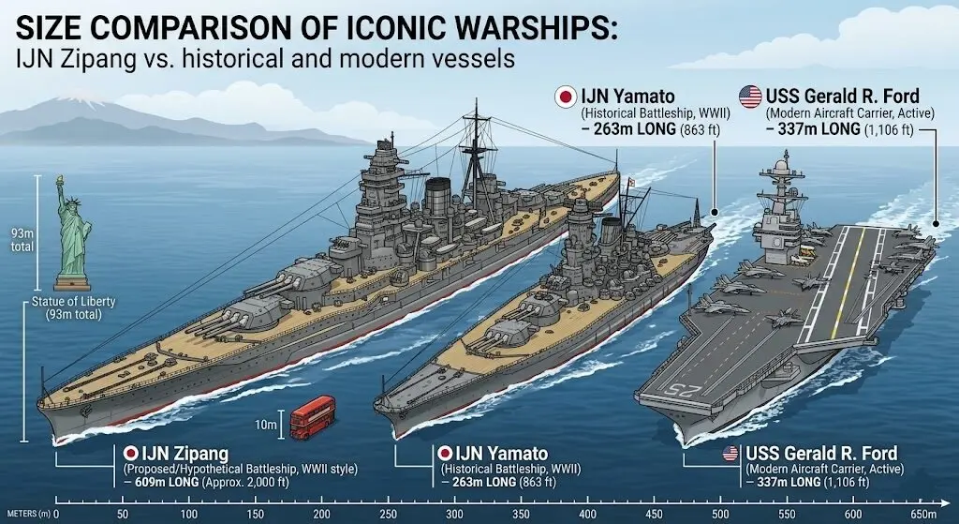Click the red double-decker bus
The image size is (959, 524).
pos(312,417)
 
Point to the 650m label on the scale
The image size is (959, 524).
pos(922,515)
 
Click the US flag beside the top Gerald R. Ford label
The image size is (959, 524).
pos(750,97)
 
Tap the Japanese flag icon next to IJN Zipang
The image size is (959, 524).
pos(130,454)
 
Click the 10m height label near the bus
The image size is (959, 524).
pos(266,425)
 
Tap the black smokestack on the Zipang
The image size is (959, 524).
pos(438,197)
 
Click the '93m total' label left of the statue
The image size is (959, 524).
pos(22,241)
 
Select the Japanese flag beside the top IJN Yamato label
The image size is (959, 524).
pos(566,97)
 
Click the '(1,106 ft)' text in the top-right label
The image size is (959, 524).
pos(890,129)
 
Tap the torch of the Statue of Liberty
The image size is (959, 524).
pos(59,180)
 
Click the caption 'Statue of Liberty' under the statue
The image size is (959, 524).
pos(73,302)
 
